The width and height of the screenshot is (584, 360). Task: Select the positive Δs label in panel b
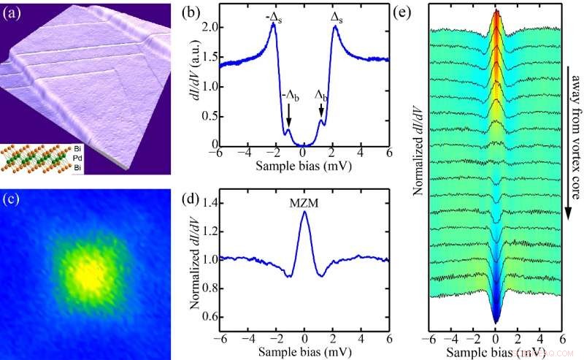(x=337, y=15)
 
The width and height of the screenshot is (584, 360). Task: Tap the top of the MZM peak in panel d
(x=304, y=213)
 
